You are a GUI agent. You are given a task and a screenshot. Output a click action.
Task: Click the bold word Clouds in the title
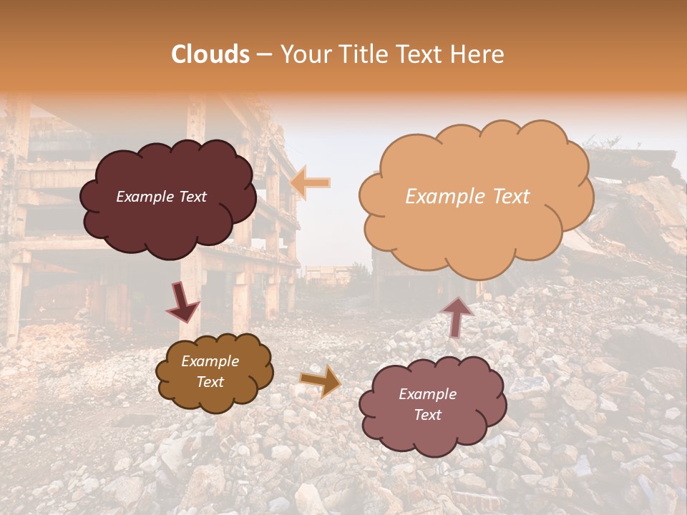(x=210, y=54)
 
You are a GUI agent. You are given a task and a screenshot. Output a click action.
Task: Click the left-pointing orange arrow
(x=310, y=183)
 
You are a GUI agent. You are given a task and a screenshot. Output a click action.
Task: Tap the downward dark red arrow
(x=182, y=302)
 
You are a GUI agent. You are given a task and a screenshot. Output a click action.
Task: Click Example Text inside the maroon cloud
(x=161, y=197)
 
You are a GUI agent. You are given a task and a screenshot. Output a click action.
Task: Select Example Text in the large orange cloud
(x=467, y=197)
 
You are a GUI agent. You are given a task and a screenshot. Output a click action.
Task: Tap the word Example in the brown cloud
(x=210, y=361)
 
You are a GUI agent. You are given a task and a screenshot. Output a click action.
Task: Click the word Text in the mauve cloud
(x=427, y=415)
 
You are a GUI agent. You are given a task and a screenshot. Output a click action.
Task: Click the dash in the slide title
(x=263, y=54)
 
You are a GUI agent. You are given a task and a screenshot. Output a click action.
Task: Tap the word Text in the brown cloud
(x=210, y=382)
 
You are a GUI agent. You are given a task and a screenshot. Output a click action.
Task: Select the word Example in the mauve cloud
(x=427, y=394)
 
